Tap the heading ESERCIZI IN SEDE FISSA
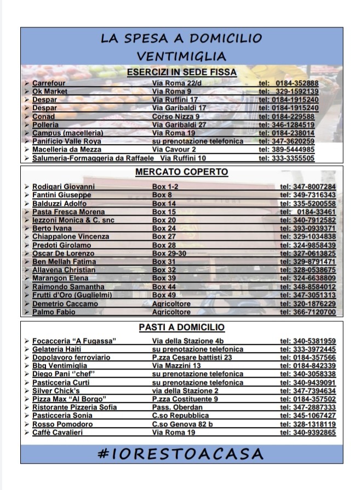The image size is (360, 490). coord(181,72)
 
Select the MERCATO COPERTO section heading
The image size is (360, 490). coord(181,172)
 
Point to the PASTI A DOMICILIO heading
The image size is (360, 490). coord(181,327)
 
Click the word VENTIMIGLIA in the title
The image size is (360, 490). coord(181,56)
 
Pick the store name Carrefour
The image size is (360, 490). coord(49,83)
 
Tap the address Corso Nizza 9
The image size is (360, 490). coord(175,116)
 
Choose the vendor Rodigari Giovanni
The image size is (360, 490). coord(63,187)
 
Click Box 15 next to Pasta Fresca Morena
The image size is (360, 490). coord(164,211)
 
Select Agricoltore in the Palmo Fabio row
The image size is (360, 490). coord(172,312)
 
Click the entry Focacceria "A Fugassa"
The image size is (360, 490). coord(74,341)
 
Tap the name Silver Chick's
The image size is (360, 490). coord(56,390)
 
